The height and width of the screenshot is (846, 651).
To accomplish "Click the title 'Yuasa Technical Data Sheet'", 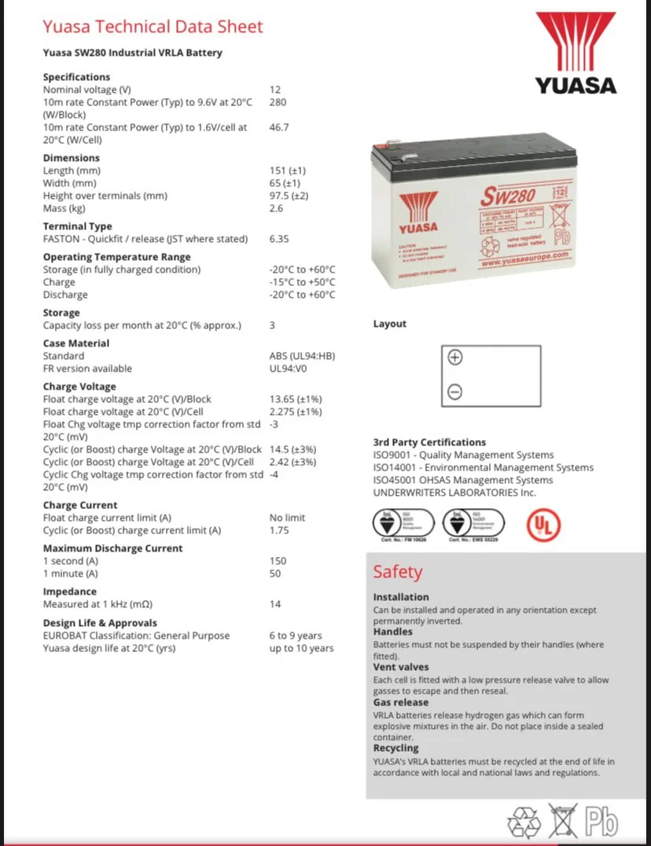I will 153,27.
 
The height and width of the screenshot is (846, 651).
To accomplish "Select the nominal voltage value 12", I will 275,90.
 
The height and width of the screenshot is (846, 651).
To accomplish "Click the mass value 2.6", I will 276,208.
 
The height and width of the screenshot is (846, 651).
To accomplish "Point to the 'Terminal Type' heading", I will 77,226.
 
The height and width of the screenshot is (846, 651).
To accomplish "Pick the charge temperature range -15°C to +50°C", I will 302,282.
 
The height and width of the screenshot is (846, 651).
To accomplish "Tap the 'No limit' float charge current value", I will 287,518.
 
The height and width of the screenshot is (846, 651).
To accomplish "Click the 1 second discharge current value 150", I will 278,561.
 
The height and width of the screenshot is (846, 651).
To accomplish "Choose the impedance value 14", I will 275,604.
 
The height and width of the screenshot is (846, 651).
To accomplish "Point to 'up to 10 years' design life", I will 301,648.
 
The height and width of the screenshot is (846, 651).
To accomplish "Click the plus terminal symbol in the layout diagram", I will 454,357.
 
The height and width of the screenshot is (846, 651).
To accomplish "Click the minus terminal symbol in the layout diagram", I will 454,392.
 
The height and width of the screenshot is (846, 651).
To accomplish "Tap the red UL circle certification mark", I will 538,524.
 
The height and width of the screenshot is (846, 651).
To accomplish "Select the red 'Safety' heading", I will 397,572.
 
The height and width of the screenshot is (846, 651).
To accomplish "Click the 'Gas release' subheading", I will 400,702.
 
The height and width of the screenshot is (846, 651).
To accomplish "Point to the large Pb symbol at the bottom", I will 601,822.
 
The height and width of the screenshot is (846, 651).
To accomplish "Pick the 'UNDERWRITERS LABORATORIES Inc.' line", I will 454,493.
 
